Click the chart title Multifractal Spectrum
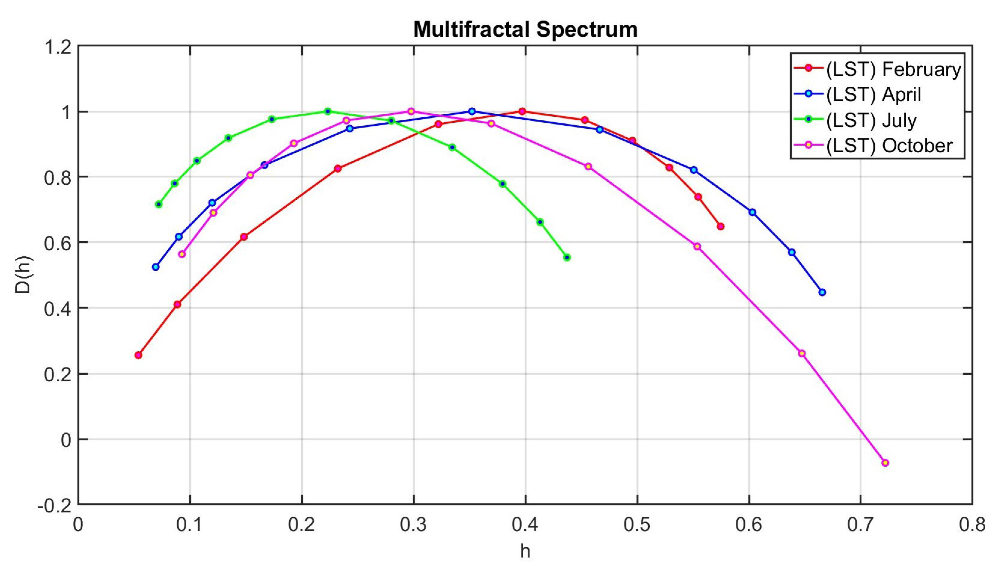525,29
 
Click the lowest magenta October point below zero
885,463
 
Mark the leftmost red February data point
138,355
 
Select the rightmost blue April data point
822,292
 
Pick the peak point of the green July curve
328,111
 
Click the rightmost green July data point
567,257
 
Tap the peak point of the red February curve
522,111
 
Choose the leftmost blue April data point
156,267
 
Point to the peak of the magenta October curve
411,111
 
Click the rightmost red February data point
721,226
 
